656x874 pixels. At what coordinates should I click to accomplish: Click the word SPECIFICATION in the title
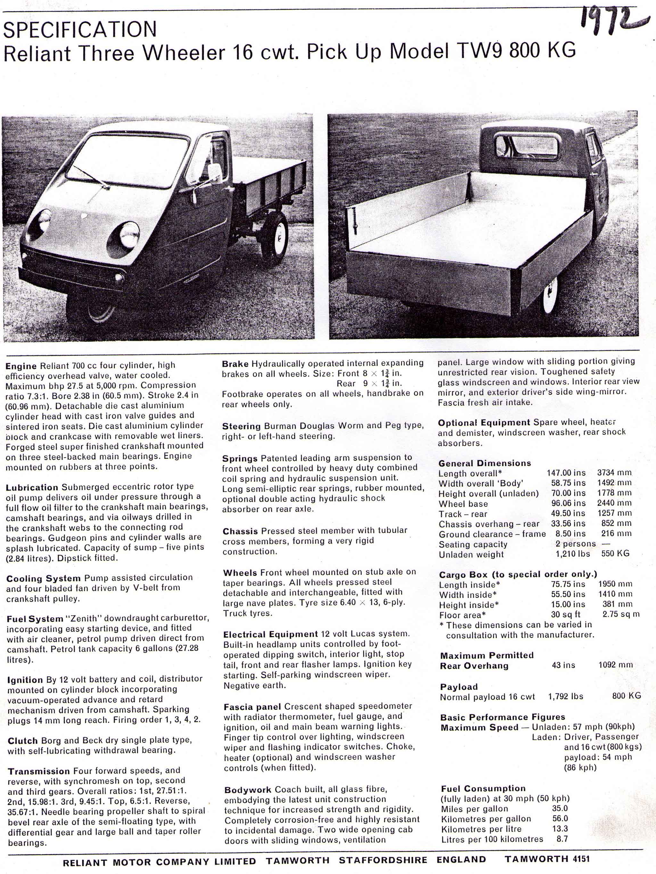click(80, 29)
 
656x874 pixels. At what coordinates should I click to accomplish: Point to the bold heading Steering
click(241, 426)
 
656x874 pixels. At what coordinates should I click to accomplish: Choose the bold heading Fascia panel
click(252, 706)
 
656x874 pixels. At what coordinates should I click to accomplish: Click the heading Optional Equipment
click(484, 422)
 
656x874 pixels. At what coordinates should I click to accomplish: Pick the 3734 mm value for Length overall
click(614, 472)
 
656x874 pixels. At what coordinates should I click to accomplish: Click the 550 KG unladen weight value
click(615, 554)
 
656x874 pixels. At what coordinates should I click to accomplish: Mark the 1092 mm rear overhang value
click(615, 665)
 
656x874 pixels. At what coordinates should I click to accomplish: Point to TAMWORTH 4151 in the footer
click(547, 859)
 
